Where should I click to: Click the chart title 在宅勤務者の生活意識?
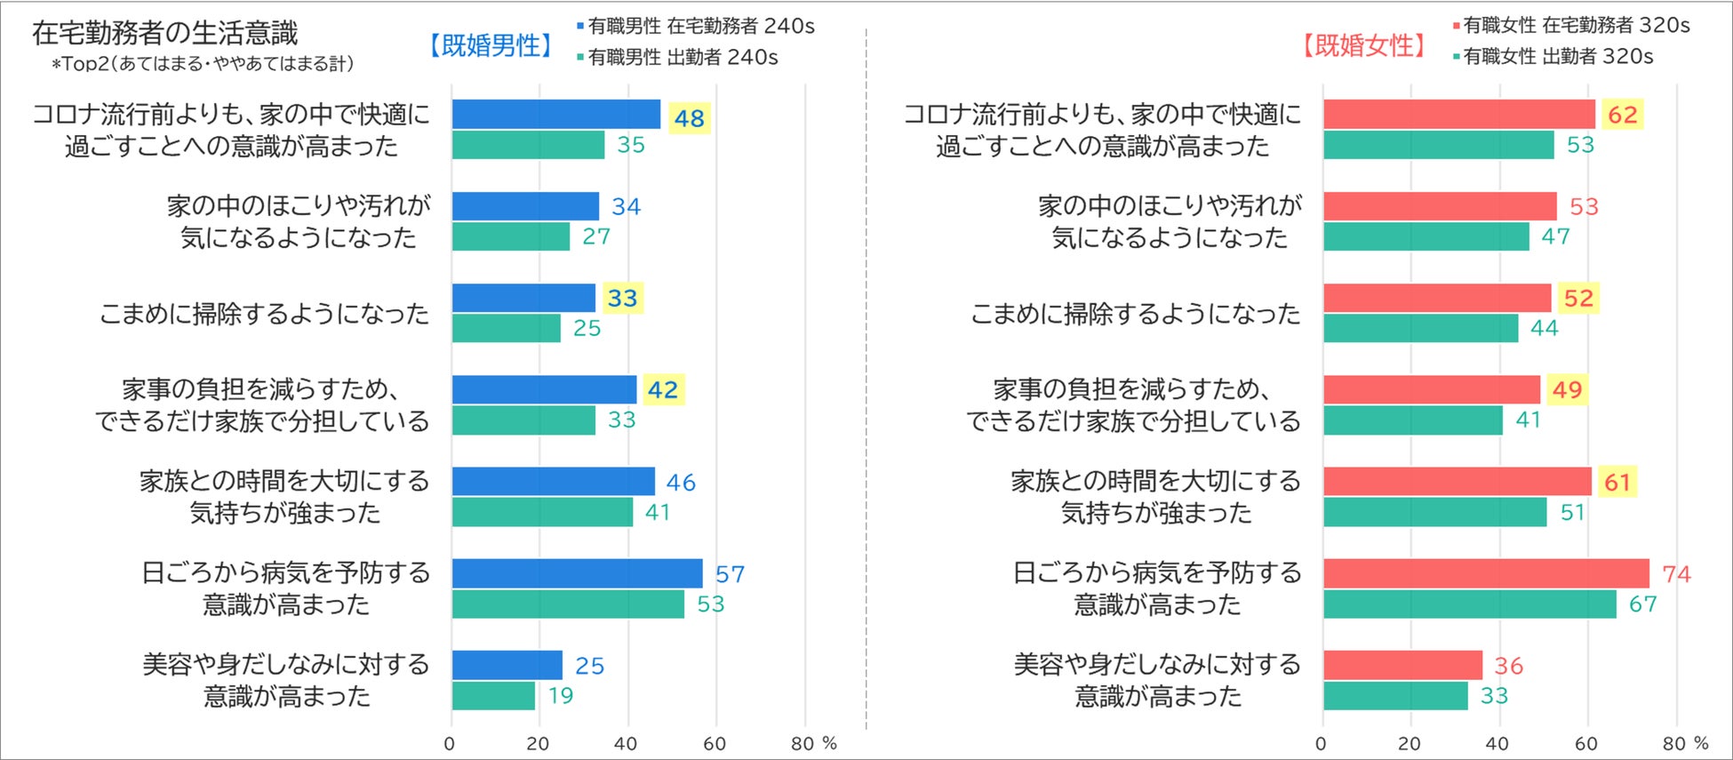click(x=165, y=33)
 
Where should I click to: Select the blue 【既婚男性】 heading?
click(x=491, y=45)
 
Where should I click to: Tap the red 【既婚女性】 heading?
click(x=1364, y=45)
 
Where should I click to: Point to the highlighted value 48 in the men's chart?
click(x=689, y=117)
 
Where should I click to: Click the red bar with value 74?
click(x=1485, y=573)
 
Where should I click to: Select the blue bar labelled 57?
click(x=577, y=573)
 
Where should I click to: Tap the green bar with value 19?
click(x=493, y=695)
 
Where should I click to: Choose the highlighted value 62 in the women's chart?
click(x=1622, y=115)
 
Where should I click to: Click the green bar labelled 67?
click(x=1469, y=604)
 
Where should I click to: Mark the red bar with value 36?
click(x=1402, y=665)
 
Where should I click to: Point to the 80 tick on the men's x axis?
click(x=803, y=744)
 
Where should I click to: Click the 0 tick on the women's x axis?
click(x=1322, y=744)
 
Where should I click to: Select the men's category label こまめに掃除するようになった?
click(x=264, y=314)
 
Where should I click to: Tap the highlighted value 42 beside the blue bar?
click(x=663, y=389)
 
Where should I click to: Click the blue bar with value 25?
click(x=507, y=665)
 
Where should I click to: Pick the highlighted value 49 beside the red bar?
click(x=1567, y=389)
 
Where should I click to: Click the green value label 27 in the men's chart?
click(x=595, y=236)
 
